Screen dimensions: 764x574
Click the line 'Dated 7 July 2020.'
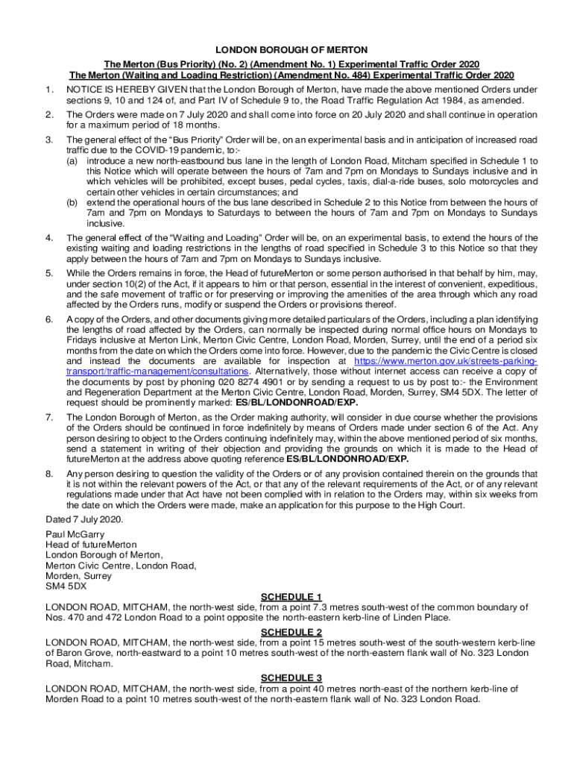click(83, 519)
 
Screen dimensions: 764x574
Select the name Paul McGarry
click(75, 534)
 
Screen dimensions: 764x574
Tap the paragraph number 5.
click(48, 273)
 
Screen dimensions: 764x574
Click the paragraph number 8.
click(48, 474)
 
